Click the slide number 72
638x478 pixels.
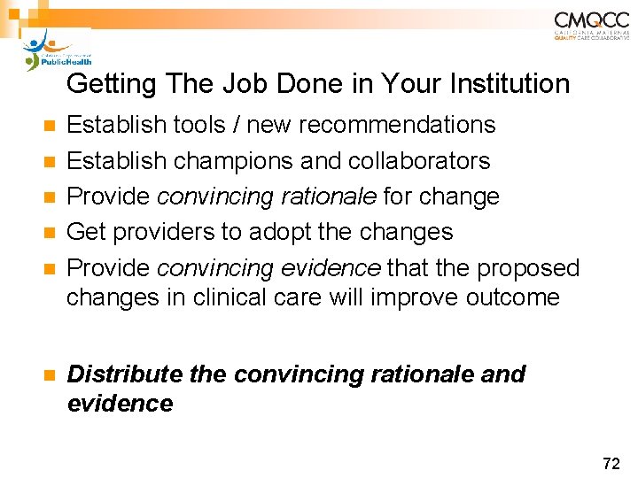click(x=611, y=462)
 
